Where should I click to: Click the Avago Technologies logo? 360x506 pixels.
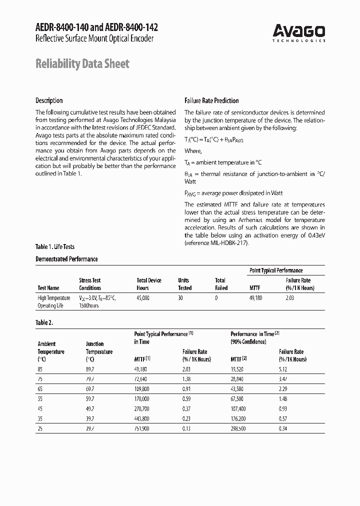299,33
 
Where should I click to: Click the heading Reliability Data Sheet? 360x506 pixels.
82,63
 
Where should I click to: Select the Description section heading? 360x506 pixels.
49,100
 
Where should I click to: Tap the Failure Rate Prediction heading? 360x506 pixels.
211,100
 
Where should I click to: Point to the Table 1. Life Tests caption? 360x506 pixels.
55,247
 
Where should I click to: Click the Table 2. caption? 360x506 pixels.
44,322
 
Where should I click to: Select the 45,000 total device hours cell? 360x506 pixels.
143,298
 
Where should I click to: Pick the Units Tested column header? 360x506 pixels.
184,284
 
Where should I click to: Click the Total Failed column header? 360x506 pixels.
220,284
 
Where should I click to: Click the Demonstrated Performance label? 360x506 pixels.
66,259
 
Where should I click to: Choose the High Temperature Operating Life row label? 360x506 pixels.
54,301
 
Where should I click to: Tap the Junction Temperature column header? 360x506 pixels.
99,351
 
